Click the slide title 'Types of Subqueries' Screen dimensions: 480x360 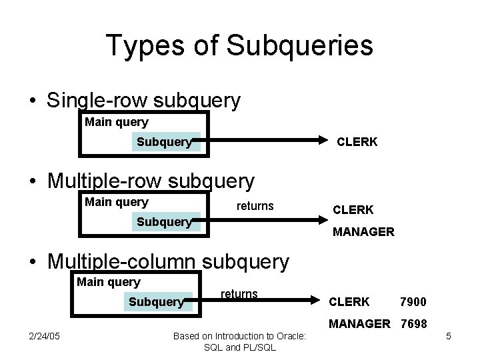[239, 45]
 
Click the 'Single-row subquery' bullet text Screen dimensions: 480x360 [143, 101]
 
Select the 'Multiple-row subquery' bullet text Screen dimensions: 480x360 [151, 181]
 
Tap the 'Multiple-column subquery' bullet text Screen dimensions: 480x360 [168, 261]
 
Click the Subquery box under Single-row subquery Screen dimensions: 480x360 [165, 141]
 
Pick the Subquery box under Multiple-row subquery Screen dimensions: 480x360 [164, 221]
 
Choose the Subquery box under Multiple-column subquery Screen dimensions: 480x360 [156, 302]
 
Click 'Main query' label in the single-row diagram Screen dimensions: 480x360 [117, 122]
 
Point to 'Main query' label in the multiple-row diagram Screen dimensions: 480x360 [117, 202]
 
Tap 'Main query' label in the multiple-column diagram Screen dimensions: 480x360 [109, 282]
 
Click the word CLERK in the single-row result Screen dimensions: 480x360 [357, 141]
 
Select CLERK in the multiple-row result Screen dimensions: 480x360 [353, 209]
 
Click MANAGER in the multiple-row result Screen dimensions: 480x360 [364, 232]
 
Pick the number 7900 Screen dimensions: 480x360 [413, 302]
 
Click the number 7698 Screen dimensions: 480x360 [413, 324]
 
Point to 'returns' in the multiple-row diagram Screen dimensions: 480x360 [255, 206]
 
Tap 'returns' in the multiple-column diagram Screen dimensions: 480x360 [239, 293]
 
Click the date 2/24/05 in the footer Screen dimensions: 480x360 [45, 335]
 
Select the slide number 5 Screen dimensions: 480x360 [449, 336]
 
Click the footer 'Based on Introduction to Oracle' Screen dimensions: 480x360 [239, 335]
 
